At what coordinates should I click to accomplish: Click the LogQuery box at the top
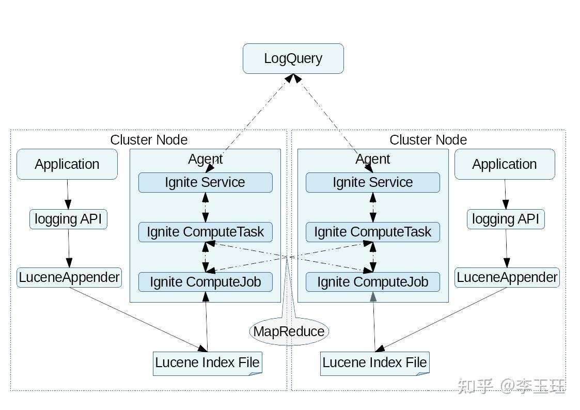[x=293, y=58]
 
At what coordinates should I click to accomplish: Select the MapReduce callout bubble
[x=289, y=331]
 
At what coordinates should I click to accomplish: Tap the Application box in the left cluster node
[x=67, y=164]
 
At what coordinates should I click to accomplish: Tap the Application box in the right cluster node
[x=505, y=164]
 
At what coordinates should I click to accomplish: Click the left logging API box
[x=68, y=219]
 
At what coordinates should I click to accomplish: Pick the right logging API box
[x=506, y=219]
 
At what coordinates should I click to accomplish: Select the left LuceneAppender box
[x=69, y=277]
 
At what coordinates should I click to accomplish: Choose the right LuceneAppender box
[x=507, y=277]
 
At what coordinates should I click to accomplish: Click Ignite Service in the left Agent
[x=205, y=182]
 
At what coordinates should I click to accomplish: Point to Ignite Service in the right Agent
[x=372, y=182]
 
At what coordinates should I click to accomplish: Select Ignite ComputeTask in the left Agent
[x=205, y=232]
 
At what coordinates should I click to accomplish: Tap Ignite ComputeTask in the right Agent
[x=372, y=232]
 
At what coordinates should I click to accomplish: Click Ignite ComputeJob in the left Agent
[x=205, y=282]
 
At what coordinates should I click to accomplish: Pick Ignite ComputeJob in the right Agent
[x=372, y=282]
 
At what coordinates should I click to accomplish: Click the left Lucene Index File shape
[x=207, y=362]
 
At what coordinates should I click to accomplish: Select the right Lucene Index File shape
[x=374, y=362]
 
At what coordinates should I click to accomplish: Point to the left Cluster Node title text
[x=149, y=139]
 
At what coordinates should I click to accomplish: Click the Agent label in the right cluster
[x=372, y=159]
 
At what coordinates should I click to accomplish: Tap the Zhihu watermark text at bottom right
[x=511, y=386]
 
